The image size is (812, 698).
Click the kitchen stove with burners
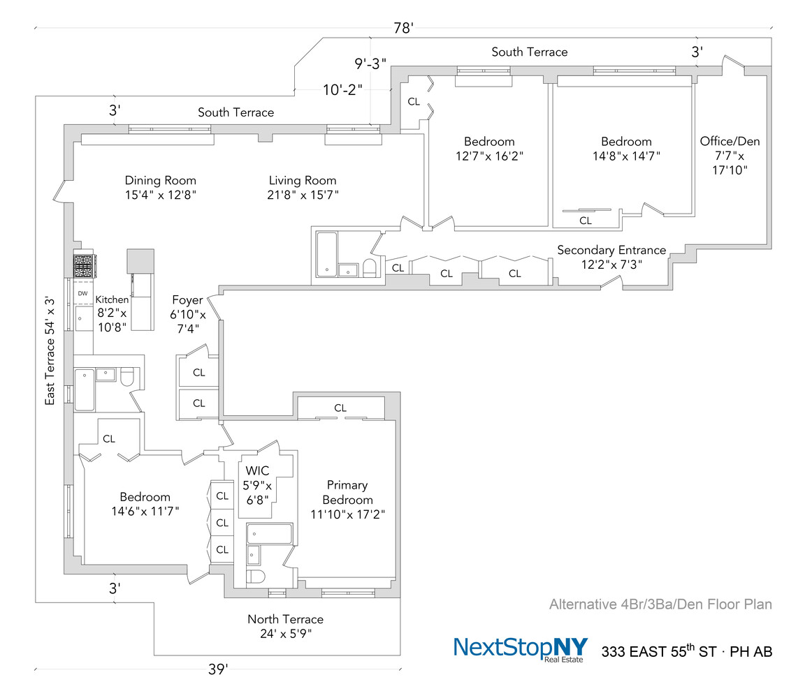[x=83, y=265]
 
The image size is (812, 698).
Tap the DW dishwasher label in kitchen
[x=82, y=294]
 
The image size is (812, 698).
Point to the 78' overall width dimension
[x=403, y=29]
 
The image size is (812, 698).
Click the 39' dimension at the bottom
[x=217, y=669]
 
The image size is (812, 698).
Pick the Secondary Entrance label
[x=611, y=250]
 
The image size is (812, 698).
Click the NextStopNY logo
[x=521, y=648]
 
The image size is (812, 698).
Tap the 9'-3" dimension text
[x=370, y=64]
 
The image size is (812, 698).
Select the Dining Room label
[x=160, y=180]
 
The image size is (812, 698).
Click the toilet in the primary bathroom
[x=256, y=577]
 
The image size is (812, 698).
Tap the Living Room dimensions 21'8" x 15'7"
[x=303, y=195]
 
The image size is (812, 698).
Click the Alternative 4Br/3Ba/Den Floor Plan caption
[x=660, y=604]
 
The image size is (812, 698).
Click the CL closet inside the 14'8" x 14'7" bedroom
[x=585, y=221]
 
